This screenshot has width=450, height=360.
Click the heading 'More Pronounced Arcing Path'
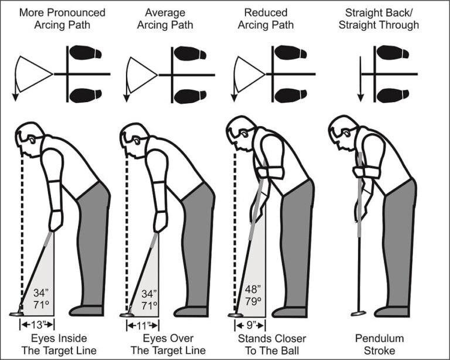63,18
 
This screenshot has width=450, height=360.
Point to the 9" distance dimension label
251,324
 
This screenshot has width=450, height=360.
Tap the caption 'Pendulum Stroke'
380,344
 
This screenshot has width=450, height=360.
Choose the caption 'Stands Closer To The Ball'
272,344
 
